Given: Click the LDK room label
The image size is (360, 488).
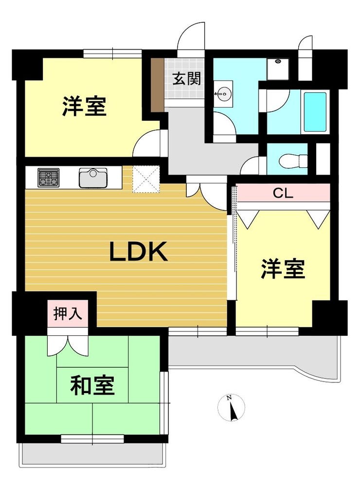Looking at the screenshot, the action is pos(139,252).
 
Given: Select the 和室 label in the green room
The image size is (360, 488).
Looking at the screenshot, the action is pos(93,385).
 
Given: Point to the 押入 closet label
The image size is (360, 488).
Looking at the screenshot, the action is pos(68,313).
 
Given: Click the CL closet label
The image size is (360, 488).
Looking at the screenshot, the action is pos(283,193).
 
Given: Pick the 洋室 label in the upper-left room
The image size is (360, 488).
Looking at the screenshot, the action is pos(84,106).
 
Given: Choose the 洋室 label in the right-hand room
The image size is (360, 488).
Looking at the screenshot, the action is pos(283,269).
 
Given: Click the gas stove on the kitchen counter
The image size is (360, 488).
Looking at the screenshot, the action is pos(49,178).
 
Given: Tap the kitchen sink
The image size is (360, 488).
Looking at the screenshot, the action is pos(93,178).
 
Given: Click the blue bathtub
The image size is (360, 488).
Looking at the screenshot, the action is pos(315,111).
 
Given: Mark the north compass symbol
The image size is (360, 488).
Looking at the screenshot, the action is pos(231,408).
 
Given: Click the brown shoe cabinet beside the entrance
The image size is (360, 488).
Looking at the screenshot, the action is pos(158,85).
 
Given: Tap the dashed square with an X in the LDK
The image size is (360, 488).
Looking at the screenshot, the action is pos(145,179).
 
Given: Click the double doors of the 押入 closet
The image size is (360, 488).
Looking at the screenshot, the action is pos(68,345).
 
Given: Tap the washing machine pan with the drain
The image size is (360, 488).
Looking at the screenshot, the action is pos(278,69).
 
